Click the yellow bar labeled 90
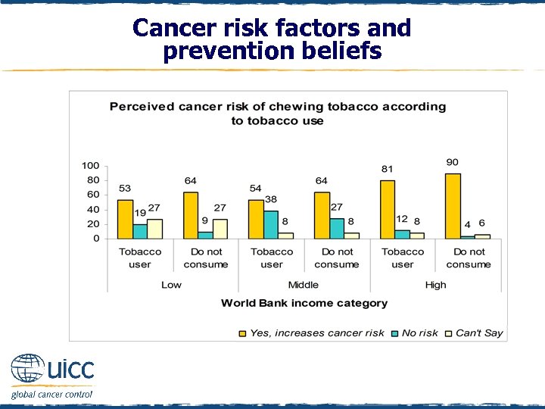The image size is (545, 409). [x=453, y=206]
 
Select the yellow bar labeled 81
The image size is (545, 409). [x=387, y=209]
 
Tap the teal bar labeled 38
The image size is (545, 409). [x=270, y=225]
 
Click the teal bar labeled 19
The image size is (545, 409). [x=139, y=231]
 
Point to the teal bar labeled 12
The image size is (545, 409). [x=402, y=234]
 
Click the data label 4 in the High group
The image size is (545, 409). [x=467, y=224]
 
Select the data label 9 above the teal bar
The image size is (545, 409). [x=204, y=221]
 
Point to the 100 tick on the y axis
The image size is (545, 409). [x=90, y=166]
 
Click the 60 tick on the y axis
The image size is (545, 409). [x=93, y=195]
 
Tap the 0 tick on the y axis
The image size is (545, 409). [x=96, y=239]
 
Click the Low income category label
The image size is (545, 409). [x=172, y=285]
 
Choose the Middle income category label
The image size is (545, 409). [x=304, y=285]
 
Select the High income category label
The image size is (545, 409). [x=435, y=285]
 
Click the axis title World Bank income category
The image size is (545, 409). [x=304, y=303]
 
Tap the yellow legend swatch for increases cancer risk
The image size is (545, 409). [x=242, y=333]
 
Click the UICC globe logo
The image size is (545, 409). [x=28, y=370]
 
